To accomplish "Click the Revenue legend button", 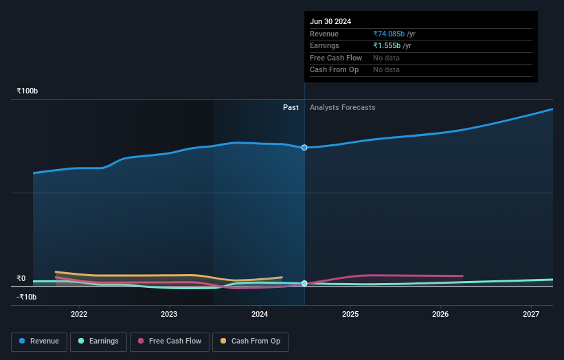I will tap(39, 341).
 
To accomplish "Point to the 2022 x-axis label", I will tap(79, 314).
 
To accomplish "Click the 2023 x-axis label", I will tap(169, 314).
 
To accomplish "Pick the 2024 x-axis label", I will tap(260, 314).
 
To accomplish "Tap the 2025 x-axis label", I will tap(350, 314).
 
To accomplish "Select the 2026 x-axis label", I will tap(440, 314).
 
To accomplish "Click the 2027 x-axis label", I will tap(531, 314).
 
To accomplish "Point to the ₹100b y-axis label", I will tap(27, 91).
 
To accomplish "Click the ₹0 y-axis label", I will tap(21, 279).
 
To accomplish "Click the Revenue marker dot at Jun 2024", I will tap(304, 148).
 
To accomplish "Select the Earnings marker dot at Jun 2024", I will tap(304, 283).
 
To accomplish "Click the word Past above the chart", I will tap(291, 107).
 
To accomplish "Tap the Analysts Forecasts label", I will tap(342, 107).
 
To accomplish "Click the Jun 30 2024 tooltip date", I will tap(330, 21).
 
